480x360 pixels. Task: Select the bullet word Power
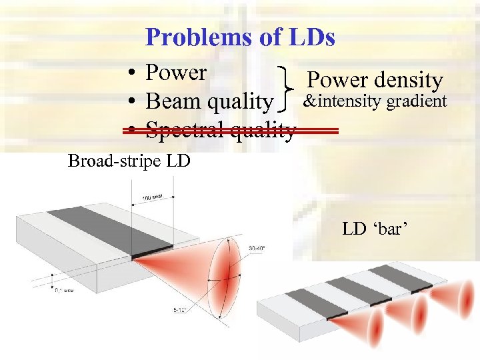176,72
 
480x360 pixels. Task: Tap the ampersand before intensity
308,102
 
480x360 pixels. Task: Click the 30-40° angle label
257,249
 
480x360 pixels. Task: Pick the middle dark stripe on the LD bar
350,290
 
